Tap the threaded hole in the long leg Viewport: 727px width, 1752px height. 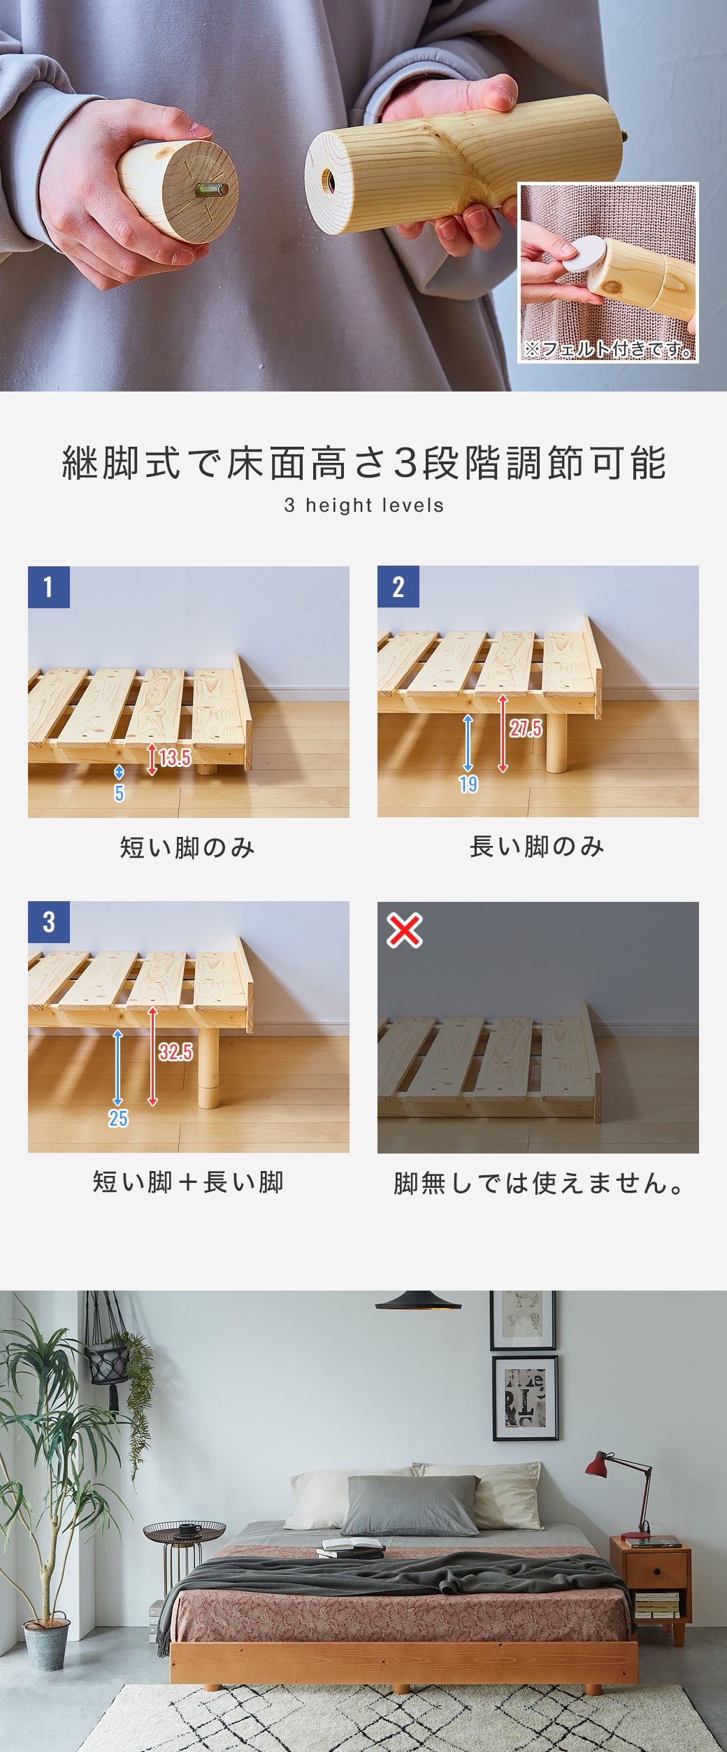(327, 182)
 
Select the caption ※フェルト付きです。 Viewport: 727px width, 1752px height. (608, 348)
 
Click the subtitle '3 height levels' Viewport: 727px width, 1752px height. (363, 505)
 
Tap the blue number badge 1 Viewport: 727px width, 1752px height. (48, 587)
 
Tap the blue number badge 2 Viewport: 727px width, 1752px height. (398, 587)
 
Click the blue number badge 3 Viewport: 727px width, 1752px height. (48, 922)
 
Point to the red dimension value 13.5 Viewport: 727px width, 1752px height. (174, 758)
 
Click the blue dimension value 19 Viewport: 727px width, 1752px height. (468, 784)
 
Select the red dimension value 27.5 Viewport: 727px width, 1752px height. (525, 729)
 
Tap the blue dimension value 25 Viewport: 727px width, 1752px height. (118, 1119)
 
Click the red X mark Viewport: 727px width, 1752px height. (405, 931)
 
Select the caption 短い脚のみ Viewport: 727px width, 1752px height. (187, 847)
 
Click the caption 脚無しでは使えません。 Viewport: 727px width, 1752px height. (538, 1184)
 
